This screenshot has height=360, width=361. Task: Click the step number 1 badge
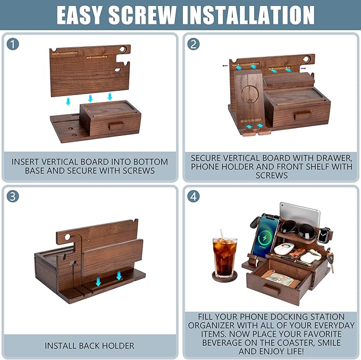(x=13, y=45)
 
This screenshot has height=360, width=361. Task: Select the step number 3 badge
(x=13, y=196)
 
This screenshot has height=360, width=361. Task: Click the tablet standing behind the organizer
(x=300, y=213)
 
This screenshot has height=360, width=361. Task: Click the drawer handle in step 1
(x=116, y=125)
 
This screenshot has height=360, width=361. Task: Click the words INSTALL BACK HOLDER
(x=90, y=346)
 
